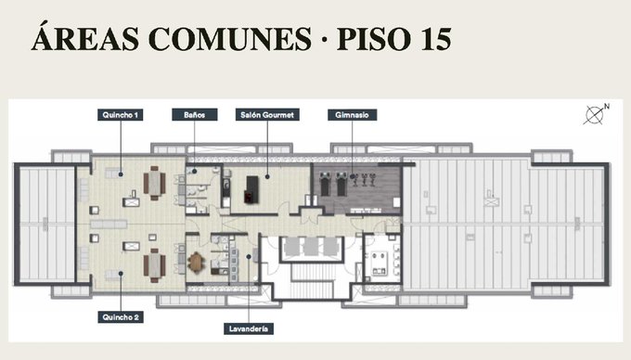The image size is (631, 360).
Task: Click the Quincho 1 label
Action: tap(120, 115)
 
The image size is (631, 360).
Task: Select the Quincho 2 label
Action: tap(121, 317)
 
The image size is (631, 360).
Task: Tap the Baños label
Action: tap(194, 115)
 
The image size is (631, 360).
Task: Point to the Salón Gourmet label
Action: tap(267, 115)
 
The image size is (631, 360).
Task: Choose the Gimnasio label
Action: tap(352, 115)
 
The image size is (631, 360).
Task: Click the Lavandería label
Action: tap(249, 329)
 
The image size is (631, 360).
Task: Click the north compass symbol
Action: tap(596, 114)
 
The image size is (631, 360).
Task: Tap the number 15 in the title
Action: tap(436, 39)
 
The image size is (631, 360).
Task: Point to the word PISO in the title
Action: tap(374, 39)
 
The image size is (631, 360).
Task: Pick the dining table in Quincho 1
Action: tap(155, 183)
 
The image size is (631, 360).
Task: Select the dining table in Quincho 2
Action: tap(155, 265)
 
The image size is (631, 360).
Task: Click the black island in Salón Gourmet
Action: tap(251, 189)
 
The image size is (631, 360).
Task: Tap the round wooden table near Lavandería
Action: tap(196, 263)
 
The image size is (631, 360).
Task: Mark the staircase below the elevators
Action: tap(312, 281)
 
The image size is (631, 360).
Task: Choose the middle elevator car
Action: tap(311, 246)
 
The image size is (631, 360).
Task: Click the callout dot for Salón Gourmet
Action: tap(267, 176)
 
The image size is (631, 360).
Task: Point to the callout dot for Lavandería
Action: tap(249, 257)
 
